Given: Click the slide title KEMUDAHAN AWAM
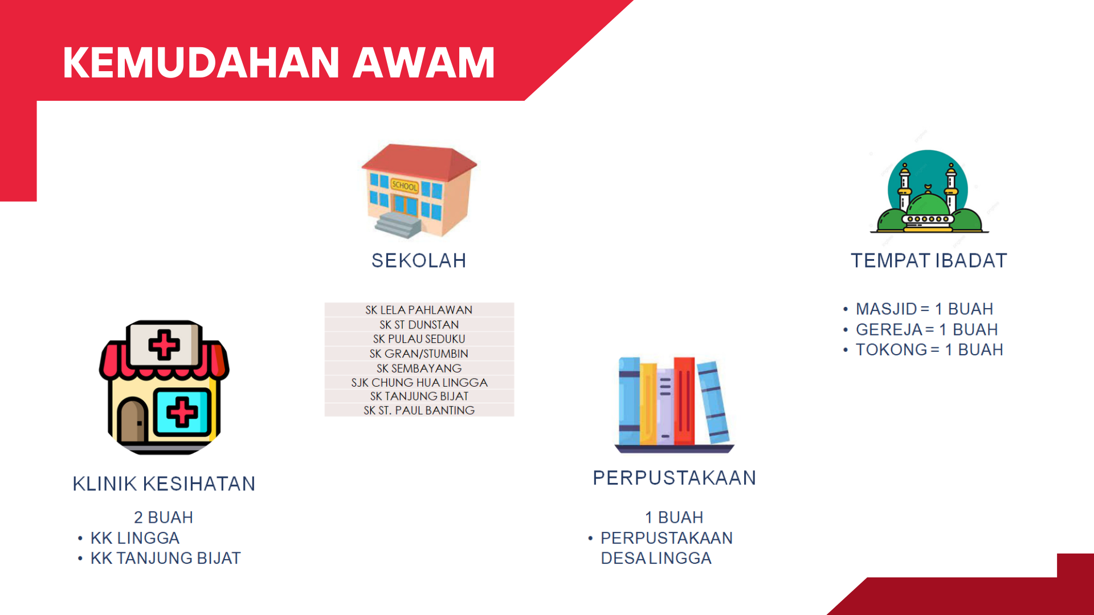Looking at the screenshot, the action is [x=279, y=62].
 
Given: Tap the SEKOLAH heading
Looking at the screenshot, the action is [x=419, y=260].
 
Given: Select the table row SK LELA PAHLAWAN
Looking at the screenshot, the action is [x=419, y=310].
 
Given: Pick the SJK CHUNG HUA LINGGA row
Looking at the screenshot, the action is [x=419, y=383].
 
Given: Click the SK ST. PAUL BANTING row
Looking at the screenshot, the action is [x=419, y=410].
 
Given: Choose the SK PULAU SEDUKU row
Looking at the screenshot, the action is [x=419, y=339].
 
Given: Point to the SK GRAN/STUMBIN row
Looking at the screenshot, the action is [x=419, y=354].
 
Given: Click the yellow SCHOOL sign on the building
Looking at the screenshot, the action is [x=405, y=186].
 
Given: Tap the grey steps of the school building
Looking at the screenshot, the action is [x=398, y=224].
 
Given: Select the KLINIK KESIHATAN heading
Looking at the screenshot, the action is [x=164, y=483].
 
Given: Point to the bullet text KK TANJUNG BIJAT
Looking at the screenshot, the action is [x=165, y=558].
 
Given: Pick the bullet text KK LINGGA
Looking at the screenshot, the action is [x=135, y=538].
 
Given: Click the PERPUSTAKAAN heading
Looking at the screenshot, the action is [x=675, y=478].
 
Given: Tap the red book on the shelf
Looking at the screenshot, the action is [x=684, y=401].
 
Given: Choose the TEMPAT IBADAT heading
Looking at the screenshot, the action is [x=929, y=260].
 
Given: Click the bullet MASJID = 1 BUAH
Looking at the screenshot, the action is [x=924, y=309].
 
